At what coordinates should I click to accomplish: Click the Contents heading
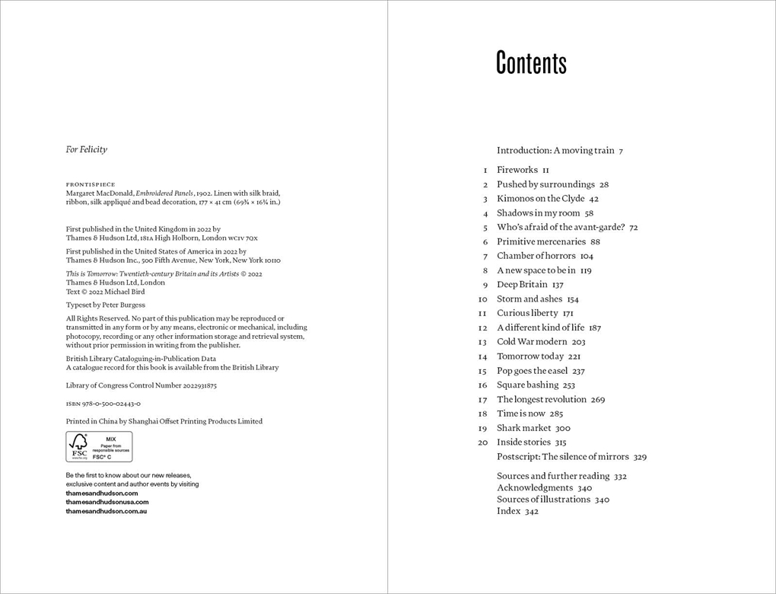531,63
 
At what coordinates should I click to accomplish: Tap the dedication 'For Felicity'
86,149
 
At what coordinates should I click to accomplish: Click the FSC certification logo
99,446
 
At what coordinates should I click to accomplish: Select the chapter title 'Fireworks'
517,170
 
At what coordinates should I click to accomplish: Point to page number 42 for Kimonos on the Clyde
593,199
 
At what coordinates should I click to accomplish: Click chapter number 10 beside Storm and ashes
482,299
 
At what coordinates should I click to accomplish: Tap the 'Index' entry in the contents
508,511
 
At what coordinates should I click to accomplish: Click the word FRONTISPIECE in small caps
91,184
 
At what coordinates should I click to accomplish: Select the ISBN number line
103,404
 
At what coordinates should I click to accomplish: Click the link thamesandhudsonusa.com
107,502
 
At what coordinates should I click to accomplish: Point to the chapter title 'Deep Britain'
522,285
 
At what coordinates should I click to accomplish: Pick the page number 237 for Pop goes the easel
578,371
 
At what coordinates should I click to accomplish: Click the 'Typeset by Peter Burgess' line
105,305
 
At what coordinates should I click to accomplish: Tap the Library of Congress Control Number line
141,385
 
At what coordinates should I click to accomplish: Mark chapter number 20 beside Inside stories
482,442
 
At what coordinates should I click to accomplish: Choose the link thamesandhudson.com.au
106,511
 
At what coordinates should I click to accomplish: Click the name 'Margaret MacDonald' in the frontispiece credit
100,193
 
